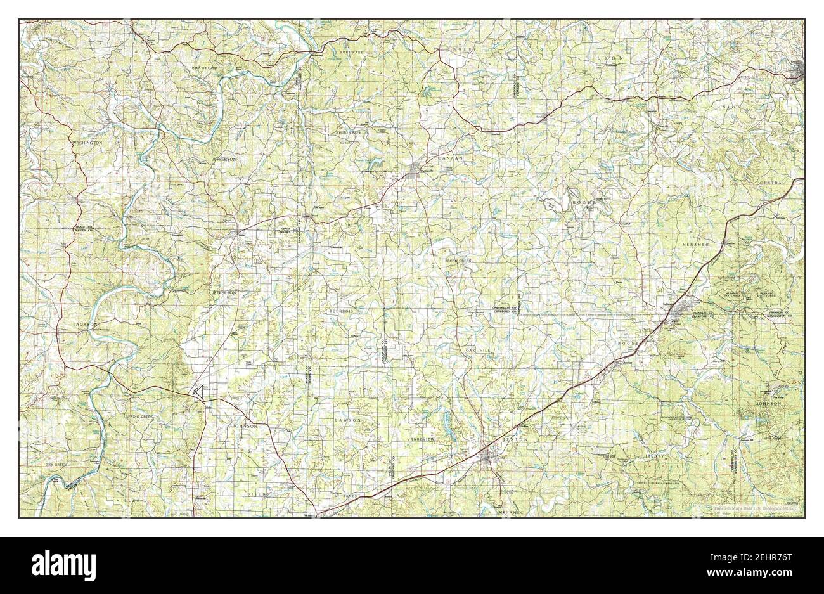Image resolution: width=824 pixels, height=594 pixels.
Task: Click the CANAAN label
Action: point(451,157)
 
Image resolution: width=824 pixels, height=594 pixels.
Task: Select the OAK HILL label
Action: point(479,350)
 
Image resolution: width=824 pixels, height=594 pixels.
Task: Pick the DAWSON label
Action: point(349,420)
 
